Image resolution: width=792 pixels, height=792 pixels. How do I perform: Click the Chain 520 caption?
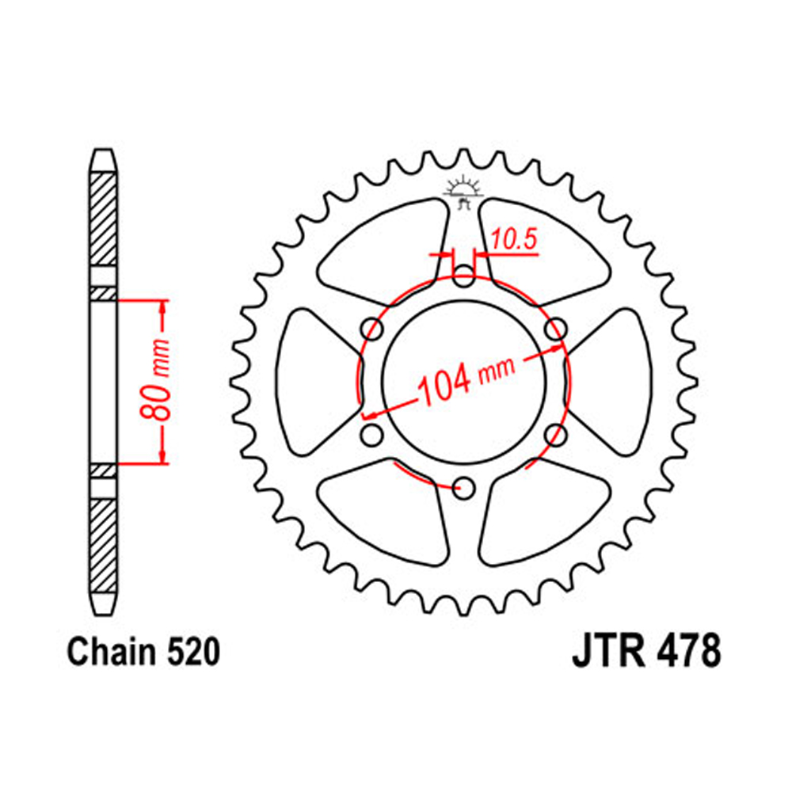(143, 652)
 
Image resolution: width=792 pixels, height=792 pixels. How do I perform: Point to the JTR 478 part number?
(646, 652)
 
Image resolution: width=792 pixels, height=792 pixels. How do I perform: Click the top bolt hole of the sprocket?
(463, 276)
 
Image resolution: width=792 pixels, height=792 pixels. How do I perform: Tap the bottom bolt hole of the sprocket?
(463, 489)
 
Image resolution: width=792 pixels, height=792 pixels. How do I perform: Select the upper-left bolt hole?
(372, 329)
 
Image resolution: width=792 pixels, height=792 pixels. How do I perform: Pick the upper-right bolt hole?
(556, 329)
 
